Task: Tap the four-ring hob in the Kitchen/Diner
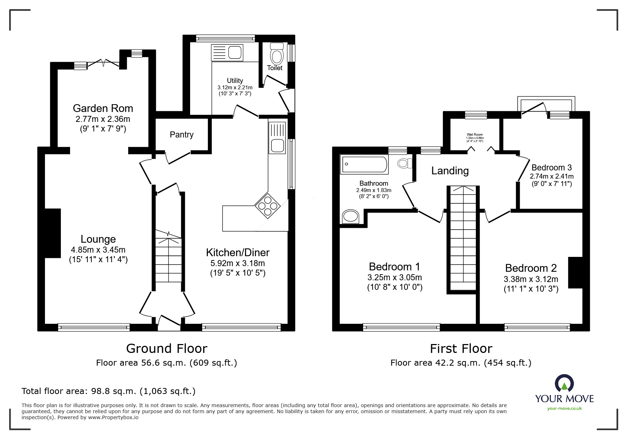[268, 206]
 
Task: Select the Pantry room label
[182, 135]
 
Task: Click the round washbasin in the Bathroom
[350, 216]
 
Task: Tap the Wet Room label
[475, 135]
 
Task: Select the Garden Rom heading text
[103, 108]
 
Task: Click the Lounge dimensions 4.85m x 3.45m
[98, 250]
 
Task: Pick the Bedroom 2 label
[531, 268]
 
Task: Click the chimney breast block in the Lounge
[53, 233]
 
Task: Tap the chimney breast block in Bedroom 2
[575, 272]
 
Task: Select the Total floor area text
[108, 391]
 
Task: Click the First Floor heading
[461, 349]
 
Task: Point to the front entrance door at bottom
[169, 323]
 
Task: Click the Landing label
[450, 171]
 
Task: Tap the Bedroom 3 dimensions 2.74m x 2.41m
[552, 176]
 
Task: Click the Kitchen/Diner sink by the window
[277, 145]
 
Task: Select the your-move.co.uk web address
[564, 409]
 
